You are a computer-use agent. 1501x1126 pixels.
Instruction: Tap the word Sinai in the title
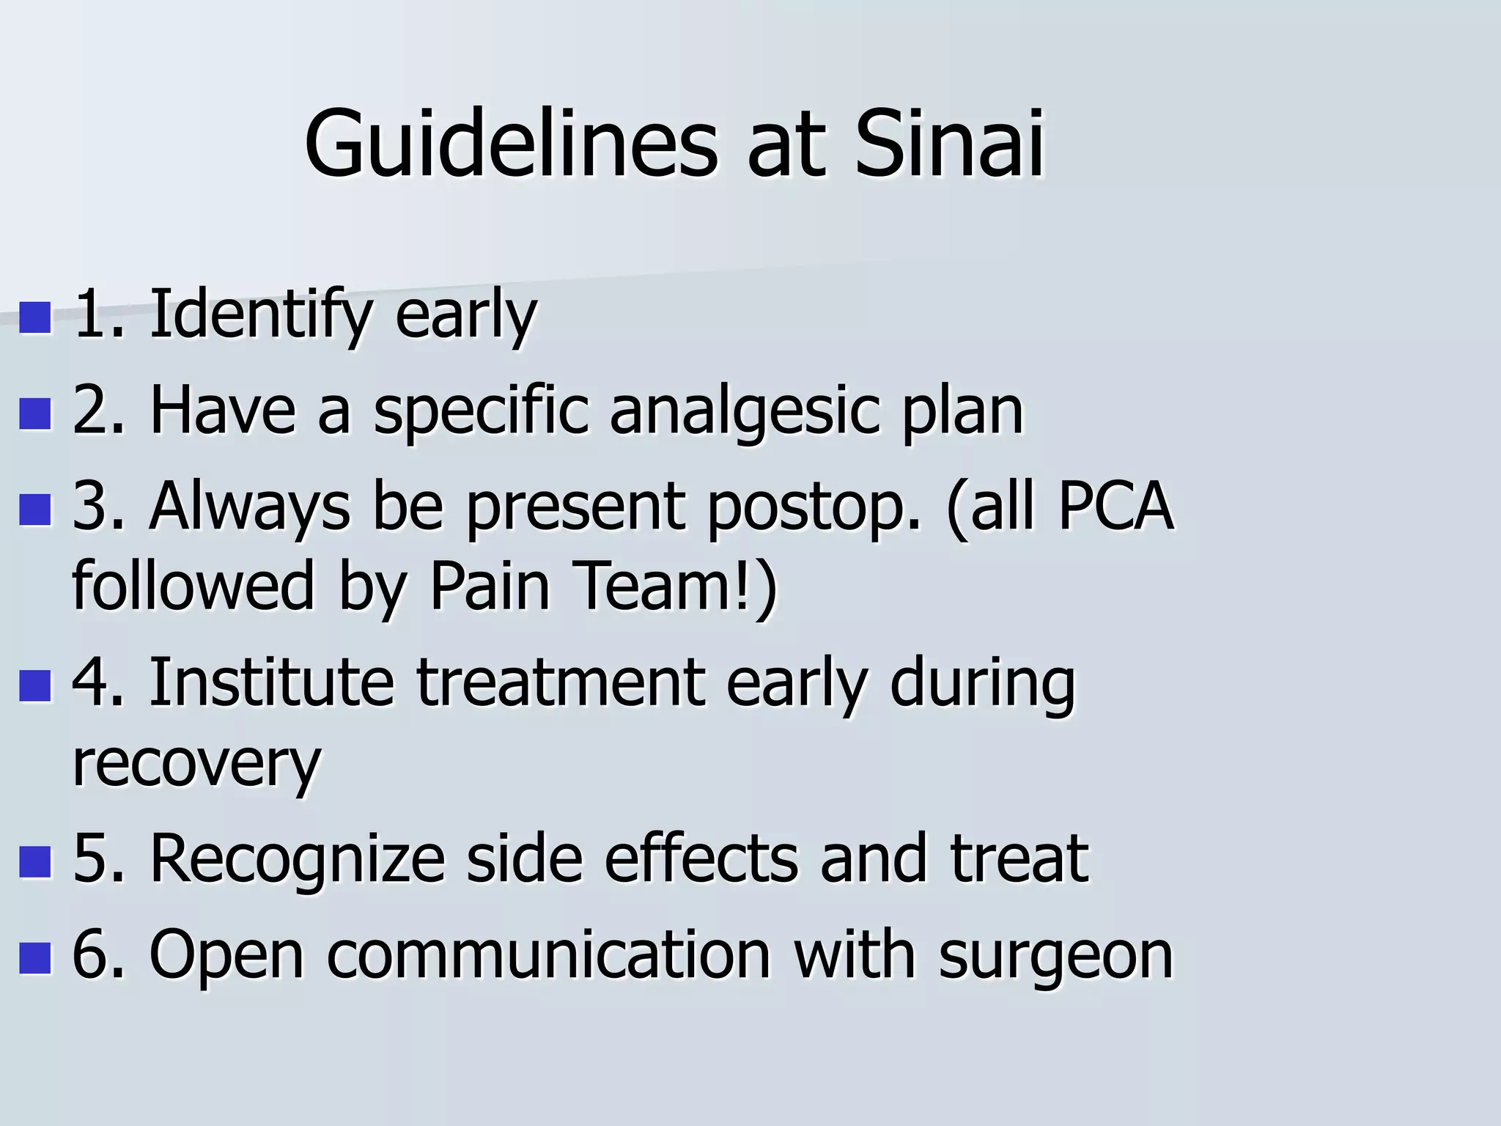point(948,144)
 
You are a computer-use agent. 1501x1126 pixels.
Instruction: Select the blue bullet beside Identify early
point(35,318)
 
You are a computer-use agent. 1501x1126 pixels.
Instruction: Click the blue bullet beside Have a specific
point(35,414)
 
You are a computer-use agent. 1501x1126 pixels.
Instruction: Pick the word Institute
point(271,682)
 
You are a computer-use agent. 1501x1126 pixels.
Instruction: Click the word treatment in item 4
point(561,682)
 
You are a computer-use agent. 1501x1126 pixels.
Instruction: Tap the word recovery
point(196,764)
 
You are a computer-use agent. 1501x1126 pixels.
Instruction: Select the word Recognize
point(297,859)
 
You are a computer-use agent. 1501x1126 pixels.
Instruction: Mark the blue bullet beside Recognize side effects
point(35,862)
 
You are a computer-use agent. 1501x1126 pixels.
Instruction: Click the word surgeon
point(1055,957)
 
